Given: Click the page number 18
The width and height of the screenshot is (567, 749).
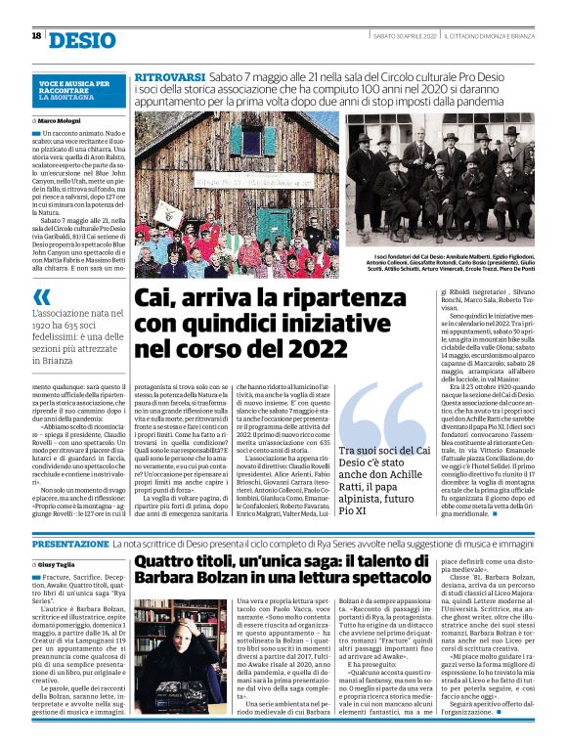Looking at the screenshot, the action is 35,36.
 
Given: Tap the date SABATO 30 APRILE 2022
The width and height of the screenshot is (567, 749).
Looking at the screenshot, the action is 403,36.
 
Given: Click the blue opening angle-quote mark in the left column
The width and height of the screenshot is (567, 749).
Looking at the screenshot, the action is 42,298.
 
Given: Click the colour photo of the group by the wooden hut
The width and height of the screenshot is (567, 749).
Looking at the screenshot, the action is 237,195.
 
